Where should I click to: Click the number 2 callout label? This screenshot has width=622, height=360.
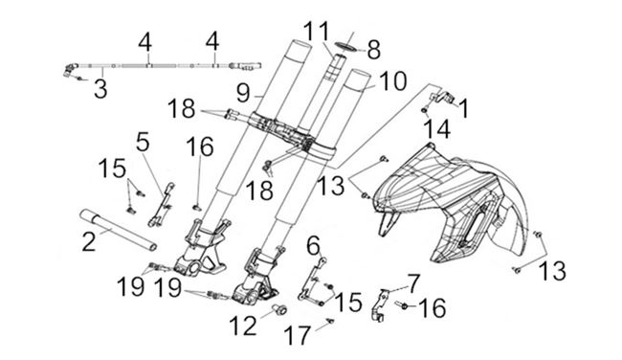pyautogui.click(x=89, y=240)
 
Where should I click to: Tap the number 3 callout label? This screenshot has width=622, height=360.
pyautogui.click(x=100, y=88)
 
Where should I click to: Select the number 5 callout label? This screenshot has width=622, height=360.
pyautogui.click(x=143, y=142)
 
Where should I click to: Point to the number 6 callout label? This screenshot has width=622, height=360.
pyautogui.click(x=314, y=245)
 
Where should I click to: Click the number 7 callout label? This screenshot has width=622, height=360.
pyautogui.click(x=413, y=283)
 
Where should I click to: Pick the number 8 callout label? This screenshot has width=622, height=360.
pyautogui.click(x=373, y=51)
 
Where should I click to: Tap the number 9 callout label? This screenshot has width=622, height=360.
pyautogui.click(x=243, y=93)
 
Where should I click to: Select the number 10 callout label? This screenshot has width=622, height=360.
pyautogui.click(x=392, y=81)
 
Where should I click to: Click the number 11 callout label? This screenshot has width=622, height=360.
pyautogui.click(x=317, y=31)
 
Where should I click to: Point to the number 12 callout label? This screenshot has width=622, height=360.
pyautogui.click(x=243, y=326)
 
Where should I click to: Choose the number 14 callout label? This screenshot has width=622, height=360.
pyautogui.click(x=437, y=129)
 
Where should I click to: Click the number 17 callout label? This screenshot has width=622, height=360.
pyautogui.click(x=297, y=335)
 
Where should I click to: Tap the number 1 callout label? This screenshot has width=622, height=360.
pyautogui.click(x=463, y=108)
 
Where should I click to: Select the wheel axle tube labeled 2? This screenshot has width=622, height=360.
pyautogui.click(x=118, y=230)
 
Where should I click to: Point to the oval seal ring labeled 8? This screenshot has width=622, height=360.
pyautogui.click(x=344, y=46)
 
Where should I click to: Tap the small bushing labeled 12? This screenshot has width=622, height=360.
pyautogui.click(x=279, y=309)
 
